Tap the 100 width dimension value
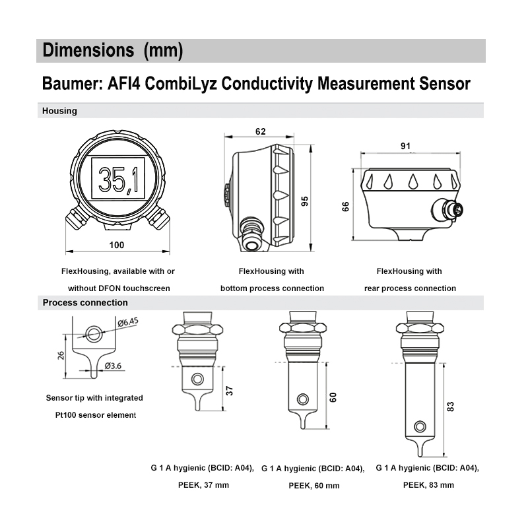coord(115,246)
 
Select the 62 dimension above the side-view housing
coord(260,131)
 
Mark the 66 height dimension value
coord(346,206)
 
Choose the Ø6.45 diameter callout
coord(128,323)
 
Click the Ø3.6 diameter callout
coord(114,365)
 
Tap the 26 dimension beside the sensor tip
coord(61,356)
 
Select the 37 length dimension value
coord(230,390)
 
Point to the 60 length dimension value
coord(333,397)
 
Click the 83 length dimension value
coord(451,406)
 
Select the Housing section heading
coord(59,111)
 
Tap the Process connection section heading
coord(85,302)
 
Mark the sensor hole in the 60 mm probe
coord(302,399)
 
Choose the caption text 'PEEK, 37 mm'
coord(203,485)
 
